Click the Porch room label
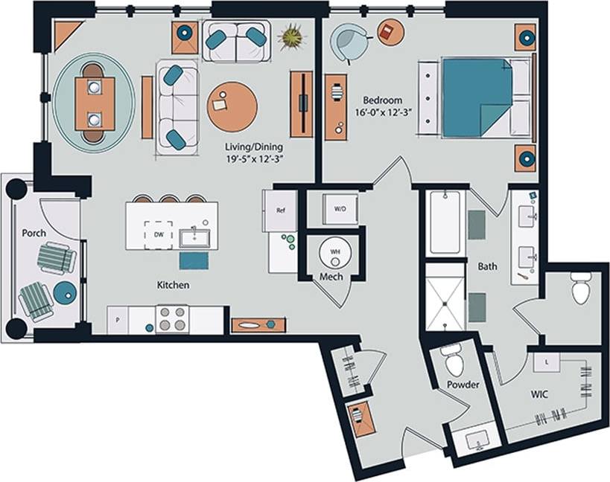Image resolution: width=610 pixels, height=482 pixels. point(34,233)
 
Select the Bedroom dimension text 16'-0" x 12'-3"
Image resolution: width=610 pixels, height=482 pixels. point(384,115)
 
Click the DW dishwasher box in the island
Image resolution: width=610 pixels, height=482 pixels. point(158,234)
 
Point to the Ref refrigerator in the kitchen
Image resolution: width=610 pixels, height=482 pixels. point(281,211)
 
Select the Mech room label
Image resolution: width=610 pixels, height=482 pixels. point(331,277)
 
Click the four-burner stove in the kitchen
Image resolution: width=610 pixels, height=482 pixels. point(173,320)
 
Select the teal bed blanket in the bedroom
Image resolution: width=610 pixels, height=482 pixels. point(477,97)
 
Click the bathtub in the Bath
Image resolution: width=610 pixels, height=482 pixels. point(445,222)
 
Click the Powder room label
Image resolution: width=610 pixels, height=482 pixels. point(463,385)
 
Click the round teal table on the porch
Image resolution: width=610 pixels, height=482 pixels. point(64,293)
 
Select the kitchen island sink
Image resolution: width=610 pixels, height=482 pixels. point(194,238)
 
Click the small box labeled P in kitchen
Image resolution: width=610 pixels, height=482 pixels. point(116,320)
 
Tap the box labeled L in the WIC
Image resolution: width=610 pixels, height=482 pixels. point(546,361)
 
